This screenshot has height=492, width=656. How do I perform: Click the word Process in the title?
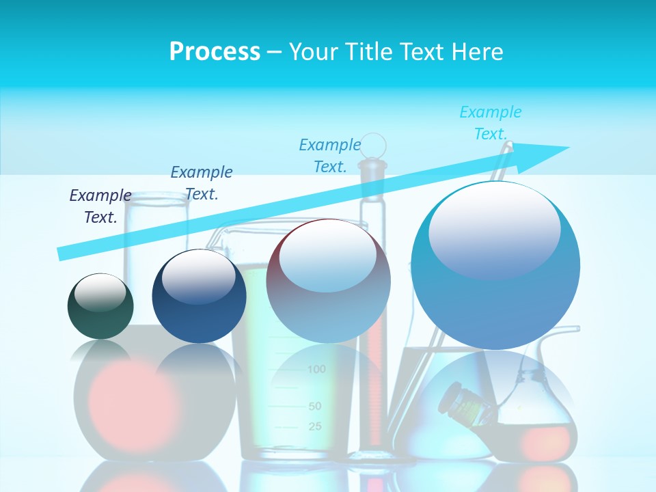pyautogui.click(x=215, y=51)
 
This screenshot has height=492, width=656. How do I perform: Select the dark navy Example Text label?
pyautogui.click(x=100, y=206)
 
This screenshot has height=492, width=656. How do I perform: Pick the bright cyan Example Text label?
pyautogui.click(x=490, y=122)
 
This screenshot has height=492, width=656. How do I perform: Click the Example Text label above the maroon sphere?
pyautogui.click(x=330, y=155)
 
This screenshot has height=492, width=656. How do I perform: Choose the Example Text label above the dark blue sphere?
pyautogui.click(x=202, y=182)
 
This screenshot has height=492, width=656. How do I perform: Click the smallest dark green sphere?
pyautogui.click(x=100, y=306)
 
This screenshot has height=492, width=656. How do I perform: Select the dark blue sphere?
pyautogui.click(x=199, y=297)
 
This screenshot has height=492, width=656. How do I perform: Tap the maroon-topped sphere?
pyautogui.click(x=328, y=281)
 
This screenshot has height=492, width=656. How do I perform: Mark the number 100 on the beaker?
pyautogui.click(x=316, y=370)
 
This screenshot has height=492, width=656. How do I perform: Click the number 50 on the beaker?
pyautogui.click(x=314, y=406)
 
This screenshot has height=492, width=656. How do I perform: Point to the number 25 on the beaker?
pyautogui.click(x=314, y=426)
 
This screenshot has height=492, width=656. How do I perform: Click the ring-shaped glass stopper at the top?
pyautogui.click(x=373, y=145)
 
